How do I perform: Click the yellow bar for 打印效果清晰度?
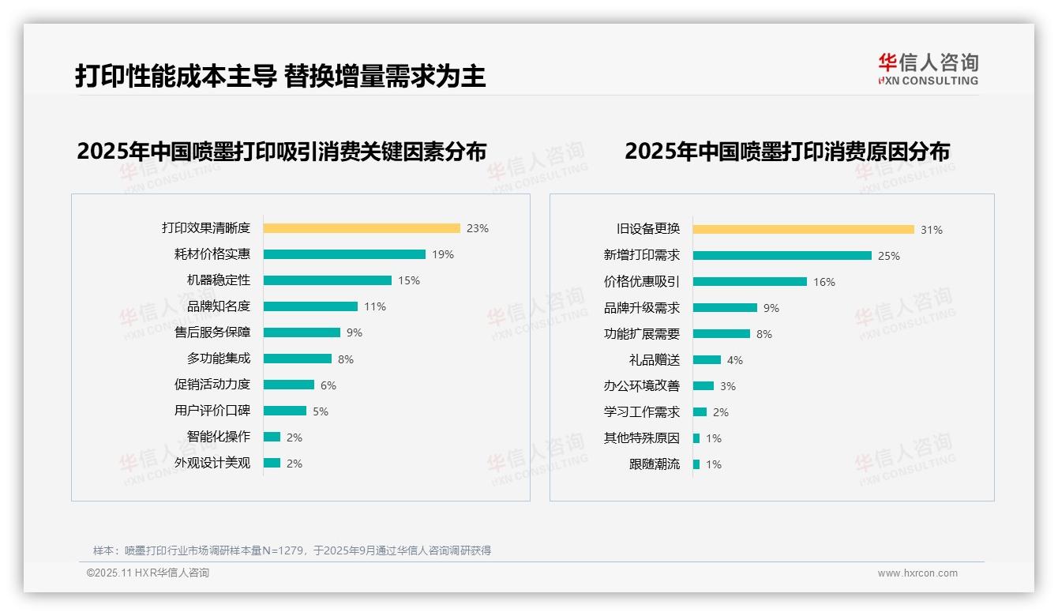(362, 228)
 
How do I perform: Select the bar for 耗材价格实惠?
(344, 254)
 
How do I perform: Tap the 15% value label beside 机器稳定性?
(409, 280)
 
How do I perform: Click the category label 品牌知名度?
(219, 306)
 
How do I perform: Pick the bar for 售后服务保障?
(302, 332)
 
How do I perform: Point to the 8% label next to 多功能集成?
(346, 359)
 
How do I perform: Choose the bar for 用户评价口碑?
(285, 411)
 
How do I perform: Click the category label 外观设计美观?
(212, 463)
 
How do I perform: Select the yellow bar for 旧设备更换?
(804, 229)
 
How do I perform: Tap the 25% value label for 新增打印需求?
(889, 256)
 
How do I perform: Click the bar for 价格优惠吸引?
(750, 282)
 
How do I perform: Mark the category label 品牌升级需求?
(642, 308)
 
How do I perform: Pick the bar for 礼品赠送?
(707, 360)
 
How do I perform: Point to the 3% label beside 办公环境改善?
(728, 386)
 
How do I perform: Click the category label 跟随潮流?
(655, 464)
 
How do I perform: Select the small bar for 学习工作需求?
(700, 412)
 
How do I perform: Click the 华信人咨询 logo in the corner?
(928, 69)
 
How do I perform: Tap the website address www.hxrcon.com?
(917, 573)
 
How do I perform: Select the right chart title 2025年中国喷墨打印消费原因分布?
(787, 151)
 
